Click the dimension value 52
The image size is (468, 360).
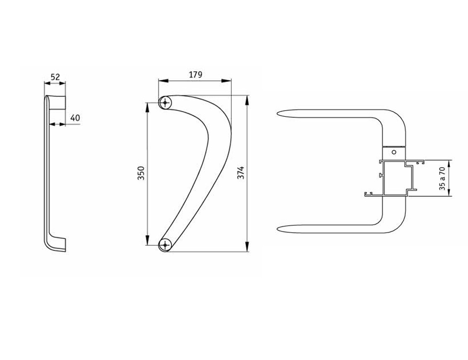(55, 77)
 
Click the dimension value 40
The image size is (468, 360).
(75, 118)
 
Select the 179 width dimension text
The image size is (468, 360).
(196, 74)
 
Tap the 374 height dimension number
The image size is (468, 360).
(240, 173)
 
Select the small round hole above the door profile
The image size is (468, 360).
(394, 152)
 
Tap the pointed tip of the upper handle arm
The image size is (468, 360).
(278, 113)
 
